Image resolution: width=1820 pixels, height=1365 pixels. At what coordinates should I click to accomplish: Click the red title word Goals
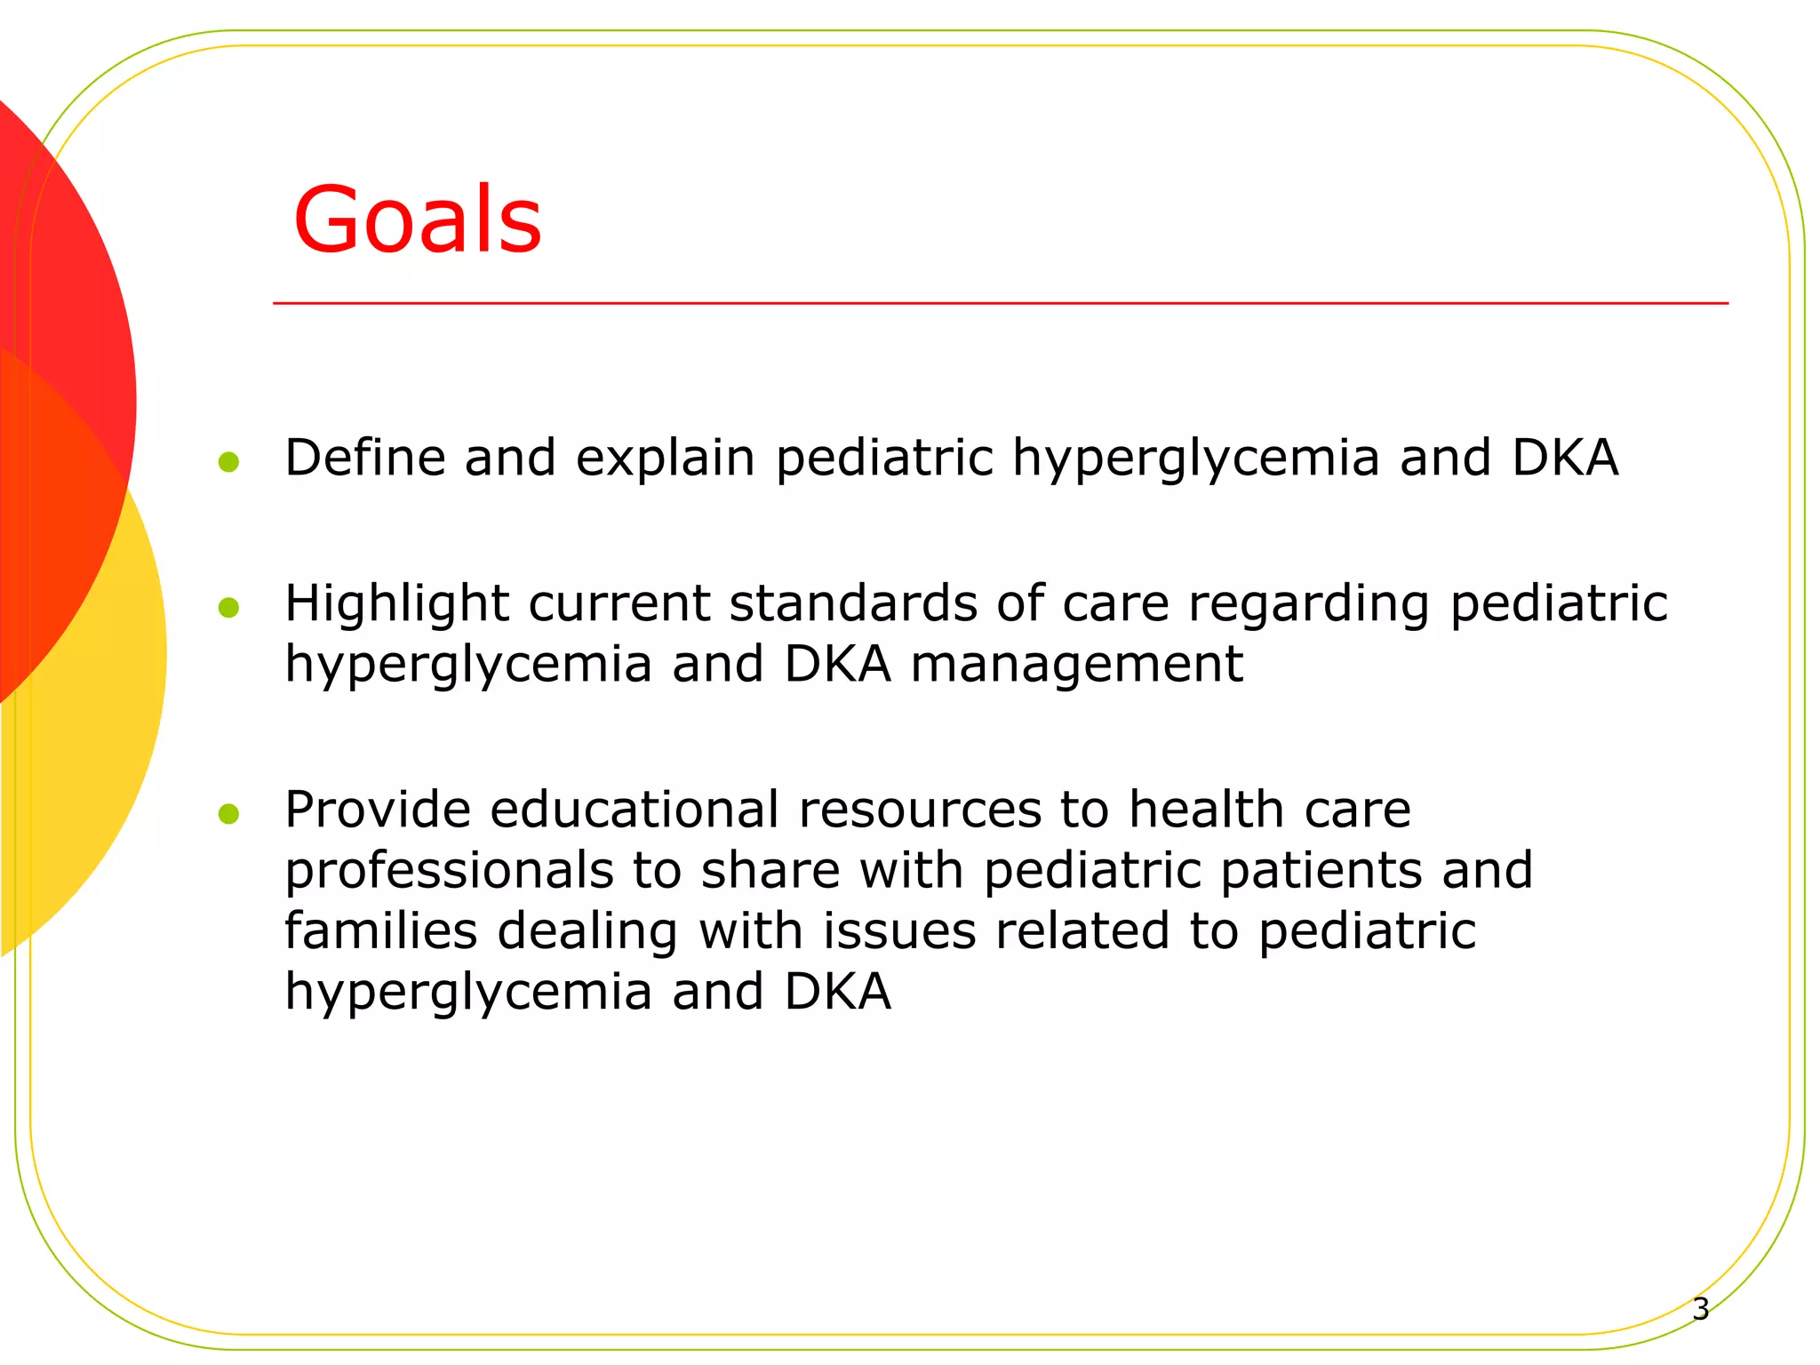click(417, 220)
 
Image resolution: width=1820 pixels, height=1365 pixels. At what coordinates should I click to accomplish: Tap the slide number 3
click(1700, 1309)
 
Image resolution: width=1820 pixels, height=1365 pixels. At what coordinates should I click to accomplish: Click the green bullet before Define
click(228, 461)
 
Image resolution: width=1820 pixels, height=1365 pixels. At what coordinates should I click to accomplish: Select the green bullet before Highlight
click(228, 607)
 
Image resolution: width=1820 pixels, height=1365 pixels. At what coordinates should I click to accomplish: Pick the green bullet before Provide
click(228, 813)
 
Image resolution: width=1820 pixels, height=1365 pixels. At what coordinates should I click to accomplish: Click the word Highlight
click(396, 604)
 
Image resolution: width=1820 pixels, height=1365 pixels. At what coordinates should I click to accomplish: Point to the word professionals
click(449, 871)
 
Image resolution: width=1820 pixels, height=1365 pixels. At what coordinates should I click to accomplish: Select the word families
click(380, 930)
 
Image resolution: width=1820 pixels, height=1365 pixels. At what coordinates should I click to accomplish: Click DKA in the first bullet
click(1565, 458)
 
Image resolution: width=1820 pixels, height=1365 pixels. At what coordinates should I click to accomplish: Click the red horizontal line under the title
click(1000, 303)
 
